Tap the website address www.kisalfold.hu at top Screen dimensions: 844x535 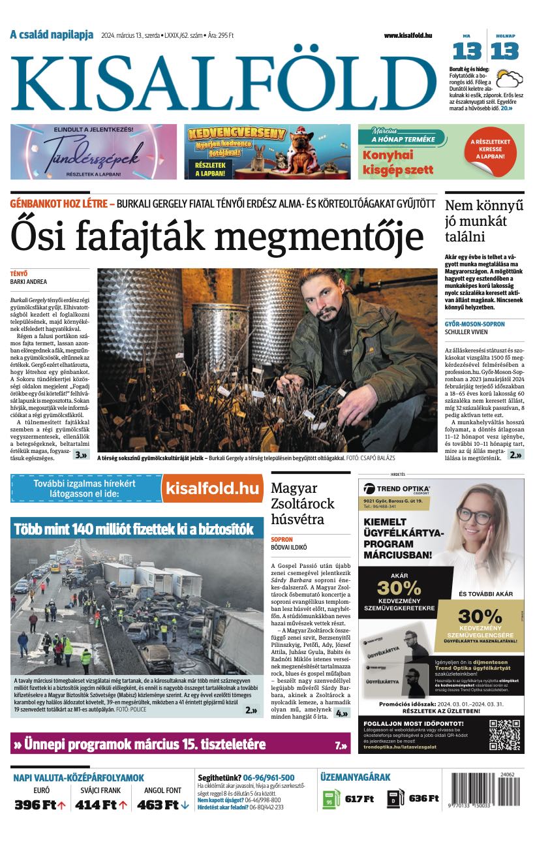[408, 35]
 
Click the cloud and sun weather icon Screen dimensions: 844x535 [509, 79]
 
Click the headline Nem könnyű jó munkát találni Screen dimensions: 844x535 [484, 221]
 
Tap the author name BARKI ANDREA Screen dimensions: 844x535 [29, 282]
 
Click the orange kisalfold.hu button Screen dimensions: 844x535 [212, 488]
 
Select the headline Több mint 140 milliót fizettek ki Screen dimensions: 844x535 [134, 529]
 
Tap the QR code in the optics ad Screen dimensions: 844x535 [505, 733]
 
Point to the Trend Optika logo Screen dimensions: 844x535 [397, 489]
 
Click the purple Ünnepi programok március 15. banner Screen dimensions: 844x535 [180, 743]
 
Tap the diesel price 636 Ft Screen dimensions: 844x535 [423, 798]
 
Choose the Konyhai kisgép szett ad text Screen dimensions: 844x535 [398, 163]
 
